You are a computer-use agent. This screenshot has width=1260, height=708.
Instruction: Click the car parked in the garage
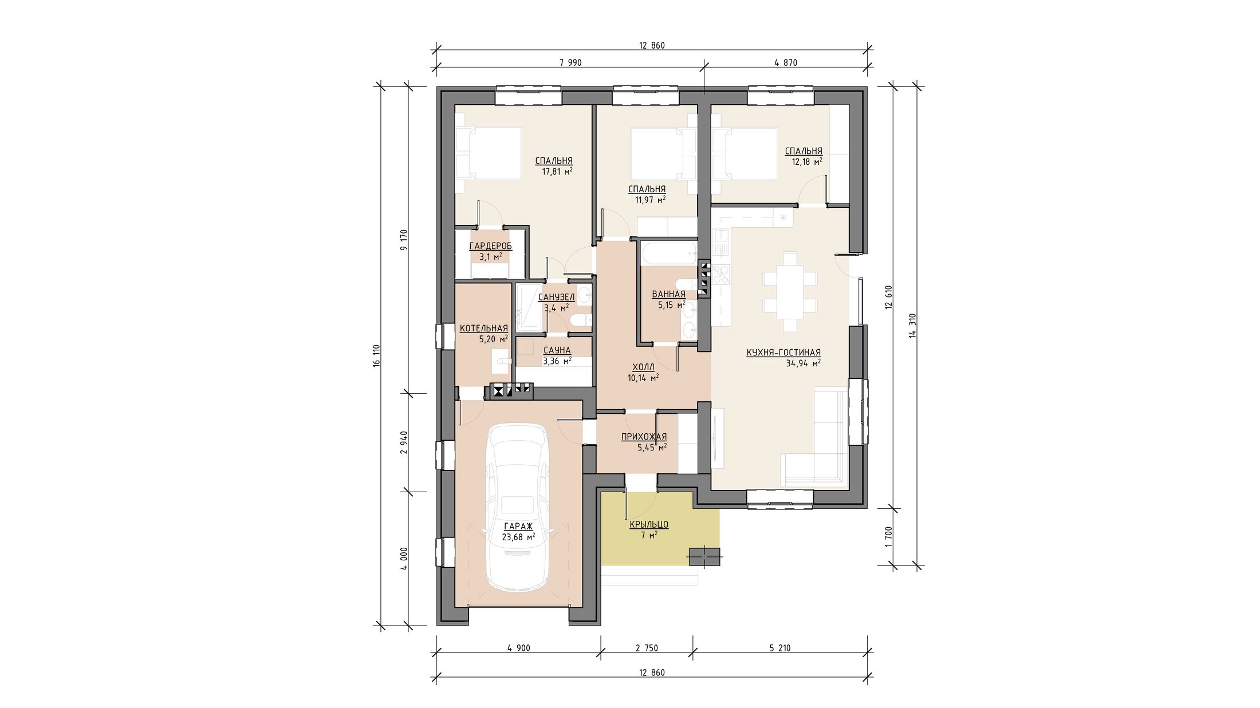[x=517, y=507]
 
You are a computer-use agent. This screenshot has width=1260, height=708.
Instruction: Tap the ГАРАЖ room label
[x=518, y=527]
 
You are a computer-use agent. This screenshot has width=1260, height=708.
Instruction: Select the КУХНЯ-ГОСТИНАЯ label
[x=783, y=353]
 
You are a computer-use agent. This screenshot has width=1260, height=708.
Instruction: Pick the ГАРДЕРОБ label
[x=491, y=246]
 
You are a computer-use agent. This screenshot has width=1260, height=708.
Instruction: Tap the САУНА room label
[x=557, y=350]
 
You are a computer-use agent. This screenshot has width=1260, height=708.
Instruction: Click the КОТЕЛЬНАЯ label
[x=484, y=328]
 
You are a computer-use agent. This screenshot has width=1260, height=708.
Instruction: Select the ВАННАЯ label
[x=668, y=295]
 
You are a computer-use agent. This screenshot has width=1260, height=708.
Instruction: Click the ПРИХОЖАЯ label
[x=644, y=437]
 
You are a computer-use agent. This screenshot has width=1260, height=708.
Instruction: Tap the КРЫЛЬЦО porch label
[x=649, y=524]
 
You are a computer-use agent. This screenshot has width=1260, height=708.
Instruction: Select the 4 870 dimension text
[x=786, y=63]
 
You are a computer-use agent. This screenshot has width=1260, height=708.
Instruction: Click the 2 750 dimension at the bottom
[x=647, y=648]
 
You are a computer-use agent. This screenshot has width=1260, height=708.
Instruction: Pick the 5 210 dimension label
[x=779, y=648]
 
